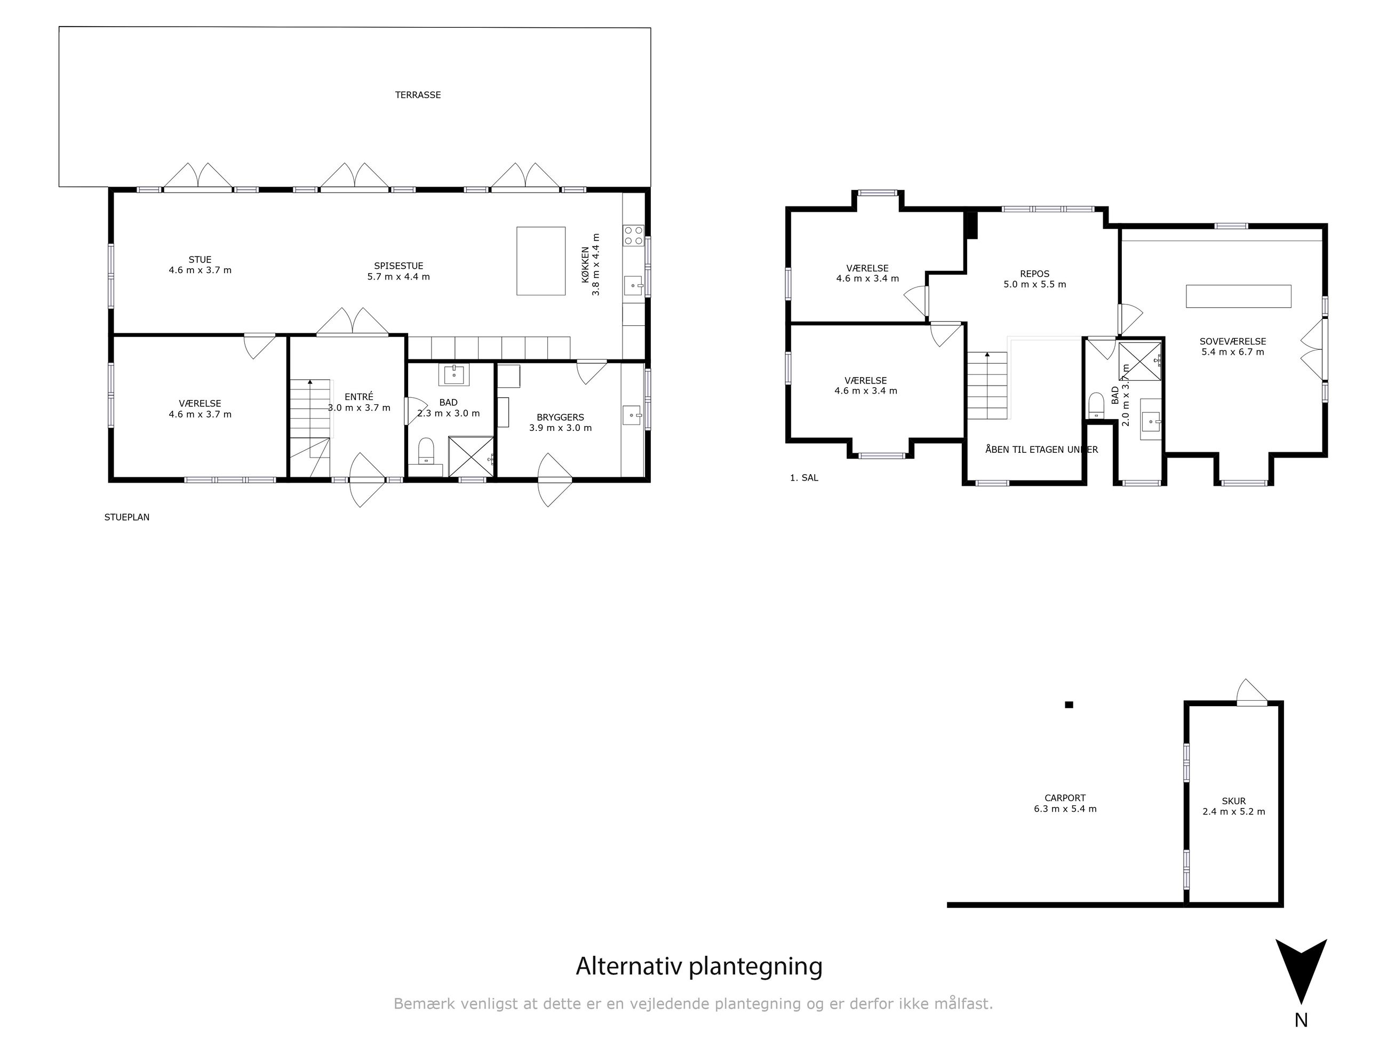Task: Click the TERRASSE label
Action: point(418,95)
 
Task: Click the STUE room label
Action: point(200,260)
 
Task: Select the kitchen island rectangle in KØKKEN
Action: point(540,261)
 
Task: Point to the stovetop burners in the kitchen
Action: point(633,235)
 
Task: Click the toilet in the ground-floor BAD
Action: point(426,449)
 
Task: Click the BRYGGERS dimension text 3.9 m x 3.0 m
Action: point(560,428)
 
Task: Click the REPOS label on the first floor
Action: point(1034,274)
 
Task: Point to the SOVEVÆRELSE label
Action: point(1233,342)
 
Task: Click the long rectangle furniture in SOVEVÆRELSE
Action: point(1238,297)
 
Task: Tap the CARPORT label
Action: point(1065,798)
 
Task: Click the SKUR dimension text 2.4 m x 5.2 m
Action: point(1233,812)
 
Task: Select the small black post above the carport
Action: point(1069,705)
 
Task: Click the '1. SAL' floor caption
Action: point(804,478)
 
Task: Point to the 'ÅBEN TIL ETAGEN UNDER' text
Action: point(1041,450)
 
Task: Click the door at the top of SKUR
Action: point(1252,693)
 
